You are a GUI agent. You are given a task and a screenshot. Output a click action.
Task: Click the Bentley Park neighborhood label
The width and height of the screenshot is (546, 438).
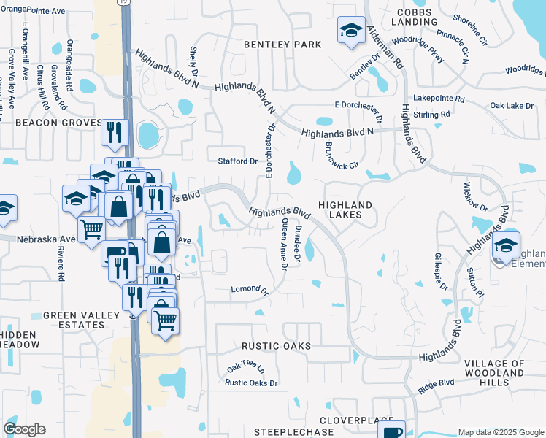[x=282, y=45]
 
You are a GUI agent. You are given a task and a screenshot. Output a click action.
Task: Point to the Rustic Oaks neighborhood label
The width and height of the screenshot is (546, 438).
[x=276, y=345]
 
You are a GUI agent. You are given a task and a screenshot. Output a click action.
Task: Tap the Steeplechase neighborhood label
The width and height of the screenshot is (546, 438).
[x=284, y=432]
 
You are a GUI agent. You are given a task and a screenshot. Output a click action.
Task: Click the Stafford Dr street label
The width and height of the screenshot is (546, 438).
[x=238, y=161]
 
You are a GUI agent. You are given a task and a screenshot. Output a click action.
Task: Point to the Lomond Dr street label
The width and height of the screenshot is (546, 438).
[x=250, y=290]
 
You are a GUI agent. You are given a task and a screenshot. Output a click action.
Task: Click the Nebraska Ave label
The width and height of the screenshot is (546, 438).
[x=48, y=239]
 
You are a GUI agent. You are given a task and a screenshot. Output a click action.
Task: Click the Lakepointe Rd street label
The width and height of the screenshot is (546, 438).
[x=439, y=98]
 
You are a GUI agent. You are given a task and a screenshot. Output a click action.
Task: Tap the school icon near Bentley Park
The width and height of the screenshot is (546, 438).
[x=351, y=31]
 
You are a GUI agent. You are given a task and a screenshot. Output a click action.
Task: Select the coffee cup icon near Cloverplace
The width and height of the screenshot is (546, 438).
[x=391, y=431]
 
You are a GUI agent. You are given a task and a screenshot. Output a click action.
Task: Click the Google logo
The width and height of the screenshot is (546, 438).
[x=24, y=429]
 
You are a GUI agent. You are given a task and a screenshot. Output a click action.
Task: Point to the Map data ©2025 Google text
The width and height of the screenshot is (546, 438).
[x=501, y=432]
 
